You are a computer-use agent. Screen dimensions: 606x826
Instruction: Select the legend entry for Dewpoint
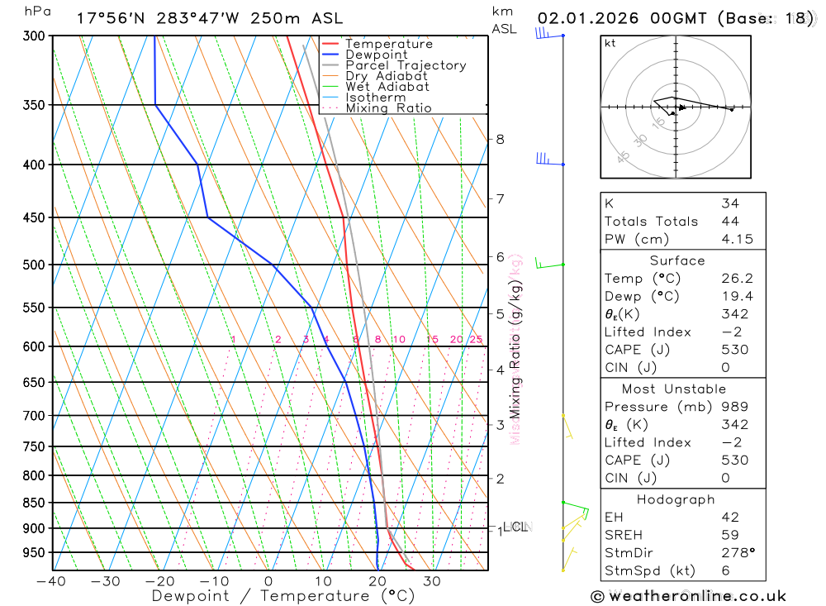376,55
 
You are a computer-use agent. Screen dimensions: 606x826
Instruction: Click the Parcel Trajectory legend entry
405,65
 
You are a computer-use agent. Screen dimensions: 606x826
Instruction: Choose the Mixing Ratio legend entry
388,107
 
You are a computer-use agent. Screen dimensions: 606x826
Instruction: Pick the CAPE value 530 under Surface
733,350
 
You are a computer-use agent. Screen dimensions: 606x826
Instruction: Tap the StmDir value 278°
738,553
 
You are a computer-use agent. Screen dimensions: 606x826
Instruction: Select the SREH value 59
729,535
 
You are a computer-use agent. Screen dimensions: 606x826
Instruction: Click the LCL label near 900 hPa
515,527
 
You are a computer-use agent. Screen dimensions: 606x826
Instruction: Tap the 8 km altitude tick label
500,139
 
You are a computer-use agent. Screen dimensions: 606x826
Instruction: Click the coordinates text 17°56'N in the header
108,18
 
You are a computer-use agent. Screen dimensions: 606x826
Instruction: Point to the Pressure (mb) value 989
733,407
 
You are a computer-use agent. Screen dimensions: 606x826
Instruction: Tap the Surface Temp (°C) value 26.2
736,279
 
